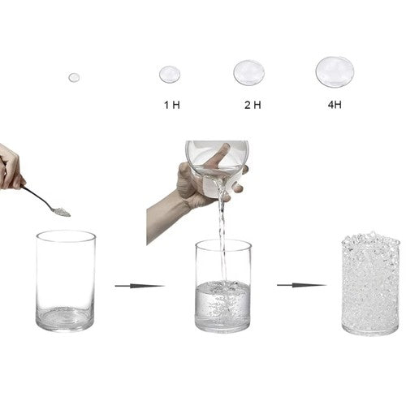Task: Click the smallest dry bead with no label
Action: click(x=74, y=78)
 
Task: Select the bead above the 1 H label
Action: click(x=170, y=75)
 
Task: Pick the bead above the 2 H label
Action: click(x=249, y=73)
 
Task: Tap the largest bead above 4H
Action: click(x=335, y=72)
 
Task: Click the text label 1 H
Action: click(x=172, y=105)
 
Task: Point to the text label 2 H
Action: click(x=253, y=105)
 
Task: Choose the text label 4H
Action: click(x=335, y=105)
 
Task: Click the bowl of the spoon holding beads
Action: click(x=61, y=212)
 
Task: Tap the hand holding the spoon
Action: click(x=11, y=168)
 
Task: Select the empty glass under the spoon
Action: click(x=66, y=281)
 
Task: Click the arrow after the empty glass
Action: click(x=140, y=286)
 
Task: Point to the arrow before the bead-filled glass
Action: click(x=302, y=285)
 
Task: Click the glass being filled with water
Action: click(x=223, y=286)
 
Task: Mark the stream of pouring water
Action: click(x=222, y=235)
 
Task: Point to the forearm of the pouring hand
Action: click(x=165, y=217)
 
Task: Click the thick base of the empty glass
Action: click(x=66, y=321)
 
